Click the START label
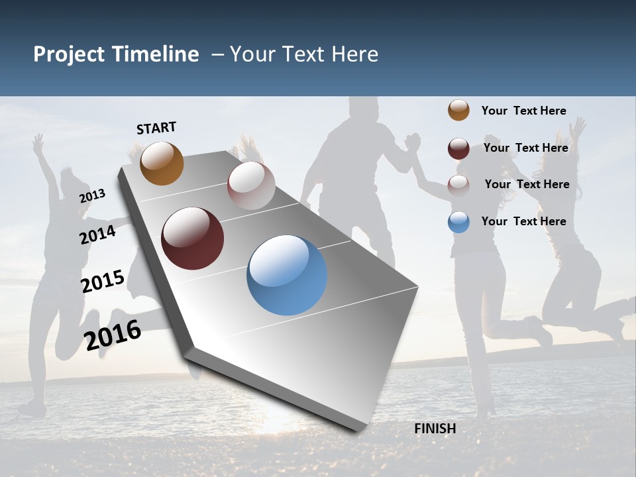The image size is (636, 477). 156,128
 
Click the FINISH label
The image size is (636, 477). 435,429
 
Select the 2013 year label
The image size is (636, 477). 93,195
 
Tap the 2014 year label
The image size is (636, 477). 98,235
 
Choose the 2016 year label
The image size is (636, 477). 113,335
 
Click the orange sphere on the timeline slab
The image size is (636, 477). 162,163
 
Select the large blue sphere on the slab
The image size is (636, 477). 287,275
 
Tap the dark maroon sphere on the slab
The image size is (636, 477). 192,238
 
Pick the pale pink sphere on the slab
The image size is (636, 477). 251,185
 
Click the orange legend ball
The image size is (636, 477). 458,110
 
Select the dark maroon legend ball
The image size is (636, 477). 458,148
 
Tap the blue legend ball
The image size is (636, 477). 458,222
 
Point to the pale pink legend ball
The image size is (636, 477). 458,185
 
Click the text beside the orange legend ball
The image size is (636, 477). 523,111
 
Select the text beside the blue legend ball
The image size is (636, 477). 523,221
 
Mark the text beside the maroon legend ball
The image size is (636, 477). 525,148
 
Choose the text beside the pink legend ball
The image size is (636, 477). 527,184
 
